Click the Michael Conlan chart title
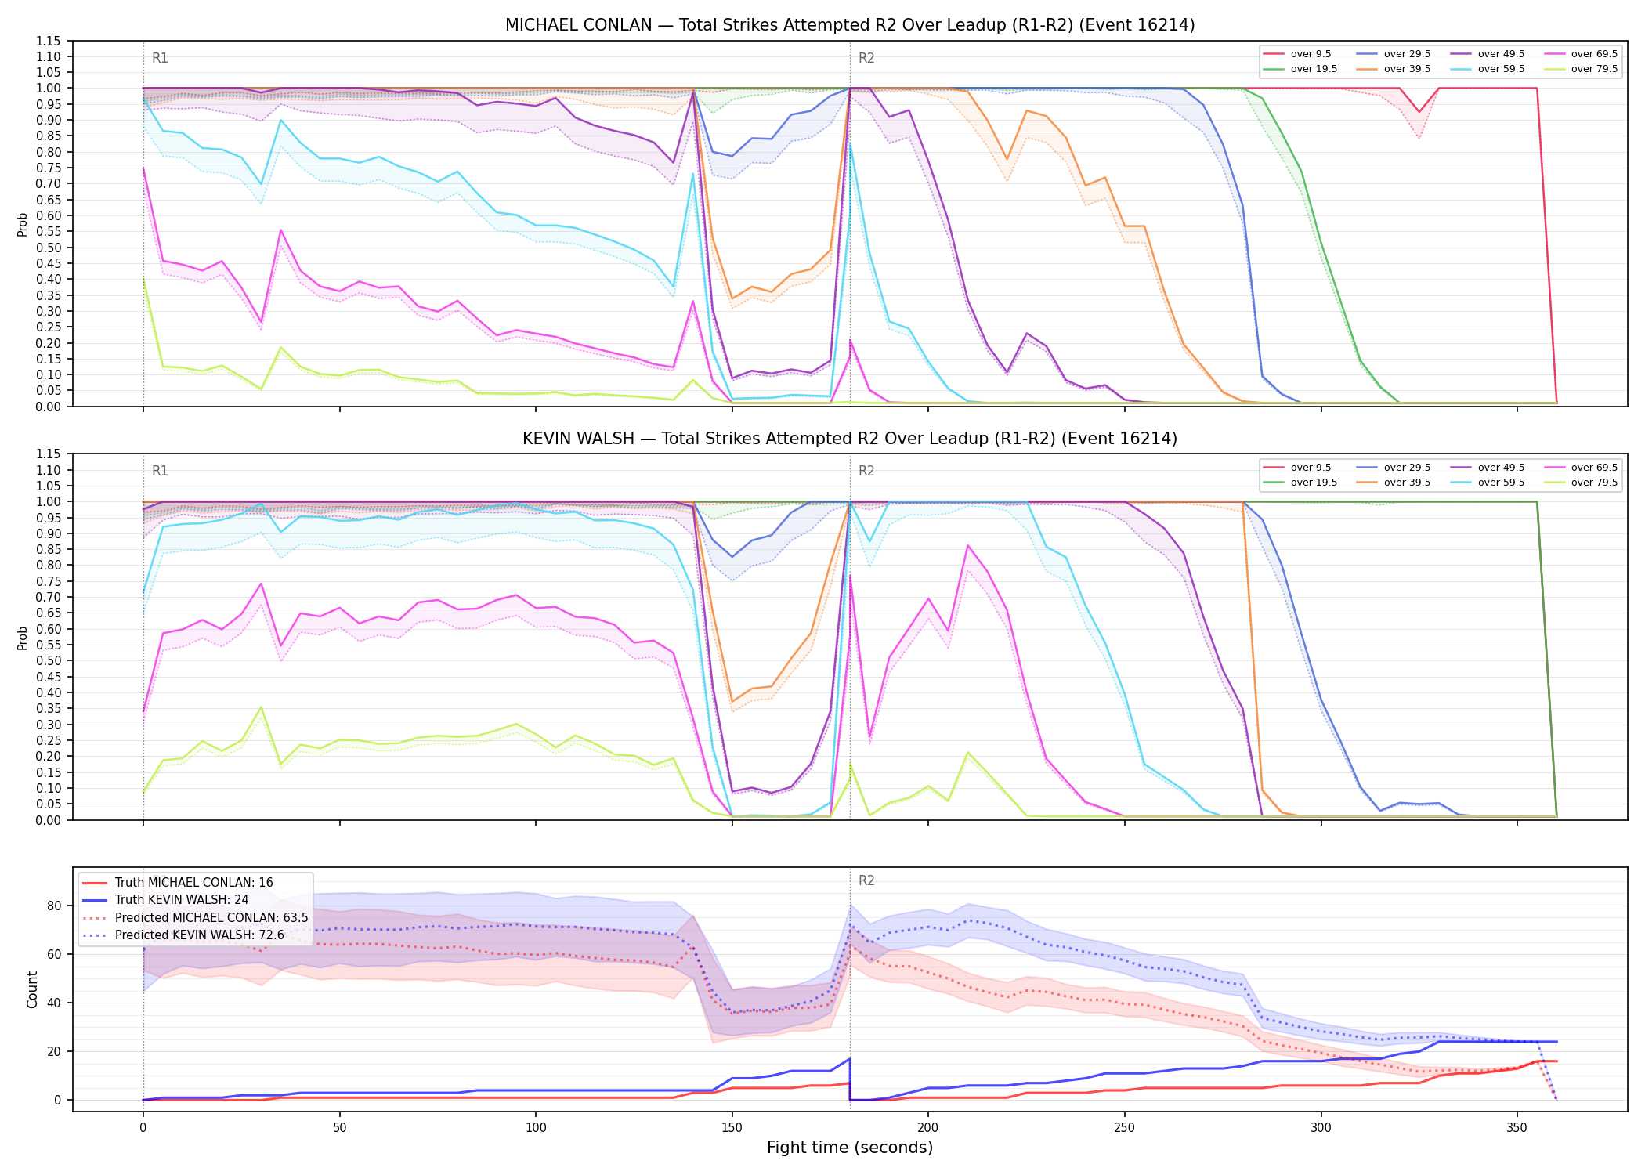(850, 25)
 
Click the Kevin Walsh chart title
(850, 439)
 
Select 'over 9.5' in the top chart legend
(1311, 54)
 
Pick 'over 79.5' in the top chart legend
(1594, 69)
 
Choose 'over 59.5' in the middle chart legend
(1501, 483)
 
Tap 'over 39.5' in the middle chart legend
(1407, 483)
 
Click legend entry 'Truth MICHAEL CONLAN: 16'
(194, 883)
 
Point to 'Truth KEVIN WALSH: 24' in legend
(182, 900)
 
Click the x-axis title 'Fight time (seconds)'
(850, 1148)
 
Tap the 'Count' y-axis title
(32, 989)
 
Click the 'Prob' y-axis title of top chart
(23, 225)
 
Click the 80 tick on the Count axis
(54, 906)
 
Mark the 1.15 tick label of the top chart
(49, 41)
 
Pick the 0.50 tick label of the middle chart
(49, 661)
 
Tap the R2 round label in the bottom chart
(866, 880)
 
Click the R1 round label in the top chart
(160, 58)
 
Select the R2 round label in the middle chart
(866, 471)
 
